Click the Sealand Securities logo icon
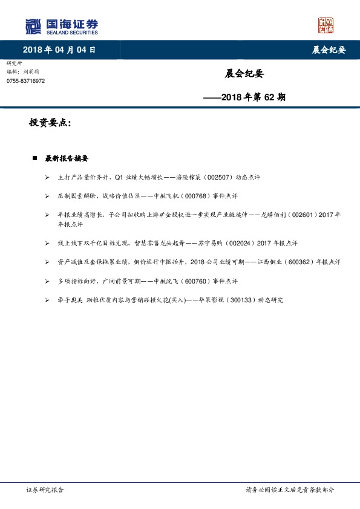tap(34, 27)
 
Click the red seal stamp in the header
tap(326, 25)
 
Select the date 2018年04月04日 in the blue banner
tap(59, 50)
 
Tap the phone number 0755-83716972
tap(25, 81)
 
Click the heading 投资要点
tap(50, 123)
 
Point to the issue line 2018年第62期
tap(246, 96)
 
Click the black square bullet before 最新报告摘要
tap(34, 158)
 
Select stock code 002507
tap(221, 178)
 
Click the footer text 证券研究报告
tap(45, 490)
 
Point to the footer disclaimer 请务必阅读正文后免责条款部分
tap(289, 490)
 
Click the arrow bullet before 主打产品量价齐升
tap(48, 178)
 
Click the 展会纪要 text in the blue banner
tap(329, 50)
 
